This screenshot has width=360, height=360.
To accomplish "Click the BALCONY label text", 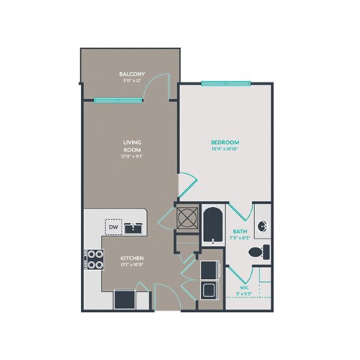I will click(131, 73).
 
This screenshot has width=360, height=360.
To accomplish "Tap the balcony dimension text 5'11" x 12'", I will click(131, 81).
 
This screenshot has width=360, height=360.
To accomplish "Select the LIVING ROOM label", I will click(133, 145).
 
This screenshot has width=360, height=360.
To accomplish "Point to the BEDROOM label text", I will click(224, 142).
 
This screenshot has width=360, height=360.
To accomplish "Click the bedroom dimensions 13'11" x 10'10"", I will click(224, 149).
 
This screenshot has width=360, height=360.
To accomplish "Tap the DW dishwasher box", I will click(112, 226).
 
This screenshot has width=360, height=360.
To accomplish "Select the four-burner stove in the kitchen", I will click(94, 259).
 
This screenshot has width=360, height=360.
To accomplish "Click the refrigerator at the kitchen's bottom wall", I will click(124, 298).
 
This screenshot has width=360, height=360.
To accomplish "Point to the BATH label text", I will click(240, 232).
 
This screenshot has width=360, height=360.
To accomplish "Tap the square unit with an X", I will click(186, 217).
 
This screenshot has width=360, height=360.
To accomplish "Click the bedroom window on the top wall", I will click(226, 82).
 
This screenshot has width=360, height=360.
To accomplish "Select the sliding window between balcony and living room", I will click(120, 100).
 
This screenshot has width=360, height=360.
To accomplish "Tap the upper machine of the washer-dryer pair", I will click(208, 268).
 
